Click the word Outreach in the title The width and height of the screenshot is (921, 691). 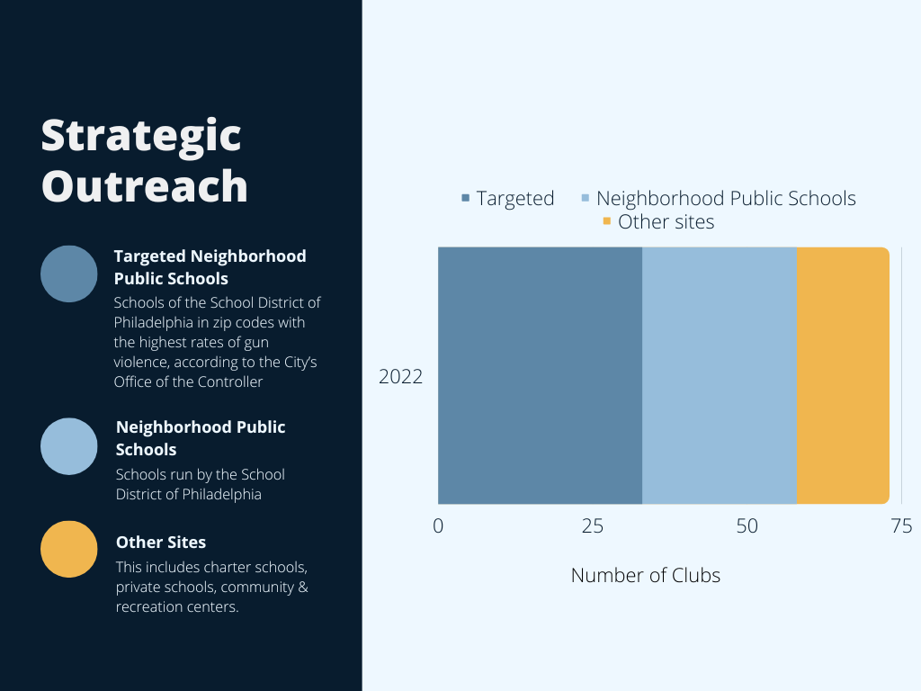click(145, 185)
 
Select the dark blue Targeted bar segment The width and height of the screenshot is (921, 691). click(540, 375)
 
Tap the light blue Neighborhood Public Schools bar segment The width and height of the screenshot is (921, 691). click(720, 375)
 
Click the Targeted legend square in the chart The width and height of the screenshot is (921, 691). click(466, 198)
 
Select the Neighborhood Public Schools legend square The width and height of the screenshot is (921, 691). click(585, 198)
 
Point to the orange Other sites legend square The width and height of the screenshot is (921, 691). click(607, 221)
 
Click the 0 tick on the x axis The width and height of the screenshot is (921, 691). click(438, 525)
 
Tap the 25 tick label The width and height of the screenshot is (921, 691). click(593, 525)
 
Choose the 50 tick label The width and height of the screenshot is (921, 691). click(747, 525)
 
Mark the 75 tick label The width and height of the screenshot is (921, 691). click(901, 525)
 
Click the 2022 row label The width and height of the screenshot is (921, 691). click(400, 377)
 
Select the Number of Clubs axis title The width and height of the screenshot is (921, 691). click(646, 575)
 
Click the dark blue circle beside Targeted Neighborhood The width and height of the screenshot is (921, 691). click(68, 274)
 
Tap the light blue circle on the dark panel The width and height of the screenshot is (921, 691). click(68, 446)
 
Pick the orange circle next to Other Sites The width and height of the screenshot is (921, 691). click(68, 549)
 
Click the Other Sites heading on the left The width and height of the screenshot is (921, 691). click(161, 543)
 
